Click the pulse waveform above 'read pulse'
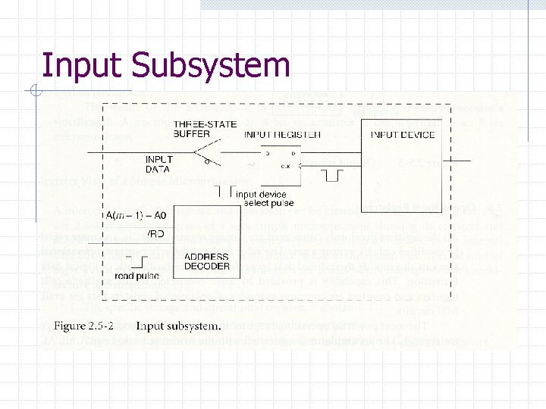[x=139, y=263]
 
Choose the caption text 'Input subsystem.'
[x=179, y=326]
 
